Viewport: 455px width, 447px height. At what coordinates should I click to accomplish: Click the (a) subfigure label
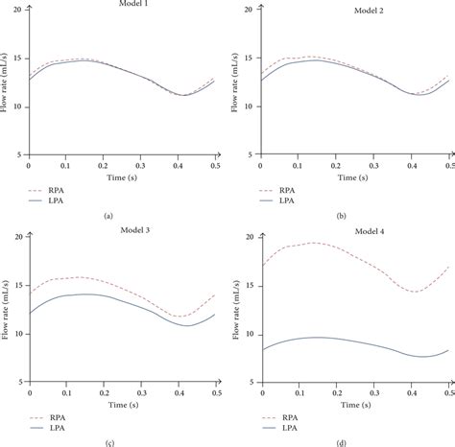106,216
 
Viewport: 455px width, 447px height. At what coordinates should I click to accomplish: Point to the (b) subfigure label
341,216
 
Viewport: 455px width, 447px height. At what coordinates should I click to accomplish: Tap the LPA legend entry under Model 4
288,430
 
